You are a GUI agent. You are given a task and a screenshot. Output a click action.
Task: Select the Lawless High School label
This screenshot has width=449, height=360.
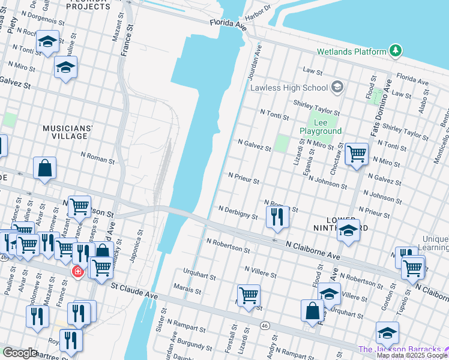click(289, 88)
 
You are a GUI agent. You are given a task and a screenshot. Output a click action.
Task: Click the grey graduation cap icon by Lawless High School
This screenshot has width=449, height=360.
click(337, 88)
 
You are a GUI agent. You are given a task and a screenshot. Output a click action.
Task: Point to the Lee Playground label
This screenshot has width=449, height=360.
click(321, 127)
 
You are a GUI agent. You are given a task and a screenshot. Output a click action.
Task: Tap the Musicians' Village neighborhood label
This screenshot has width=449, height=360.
click(68, 132)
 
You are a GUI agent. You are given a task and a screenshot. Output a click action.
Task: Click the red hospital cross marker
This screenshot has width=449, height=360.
click(77, 272)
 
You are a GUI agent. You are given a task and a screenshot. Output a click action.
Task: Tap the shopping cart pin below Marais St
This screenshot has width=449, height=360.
click(249, 295)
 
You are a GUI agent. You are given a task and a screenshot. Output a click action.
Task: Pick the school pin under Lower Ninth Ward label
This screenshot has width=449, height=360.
click(348, 231)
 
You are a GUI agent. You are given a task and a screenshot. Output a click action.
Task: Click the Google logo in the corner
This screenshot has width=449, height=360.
click(20, 353)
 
